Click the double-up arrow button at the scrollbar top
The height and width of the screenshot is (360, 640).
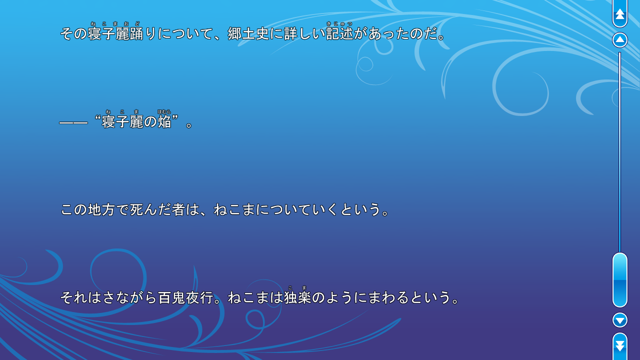point(620,14)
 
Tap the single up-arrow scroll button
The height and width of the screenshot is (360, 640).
point(620,40)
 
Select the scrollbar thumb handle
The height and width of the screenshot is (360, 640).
point(620,279)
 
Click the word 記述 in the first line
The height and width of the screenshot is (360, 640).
point(339,33)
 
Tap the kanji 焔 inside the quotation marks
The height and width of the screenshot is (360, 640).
point(164,121)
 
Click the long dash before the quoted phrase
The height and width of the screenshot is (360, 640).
point(73,122)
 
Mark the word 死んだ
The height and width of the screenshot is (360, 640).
point(150,209)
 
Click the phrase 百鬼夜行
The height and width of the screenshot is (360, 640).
point(186,297)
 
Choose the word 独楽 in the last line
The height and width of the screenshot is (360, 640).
point(297,297)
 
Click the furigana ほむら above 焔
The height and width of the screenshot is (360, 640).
point(164,112)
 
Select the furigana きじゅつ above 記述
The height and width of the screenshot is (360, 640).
point(339,23)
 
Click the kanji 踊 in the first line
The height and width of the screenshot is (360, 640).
point(136,33)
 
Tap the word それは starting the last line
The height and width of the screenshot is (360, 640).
point(80,297)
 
